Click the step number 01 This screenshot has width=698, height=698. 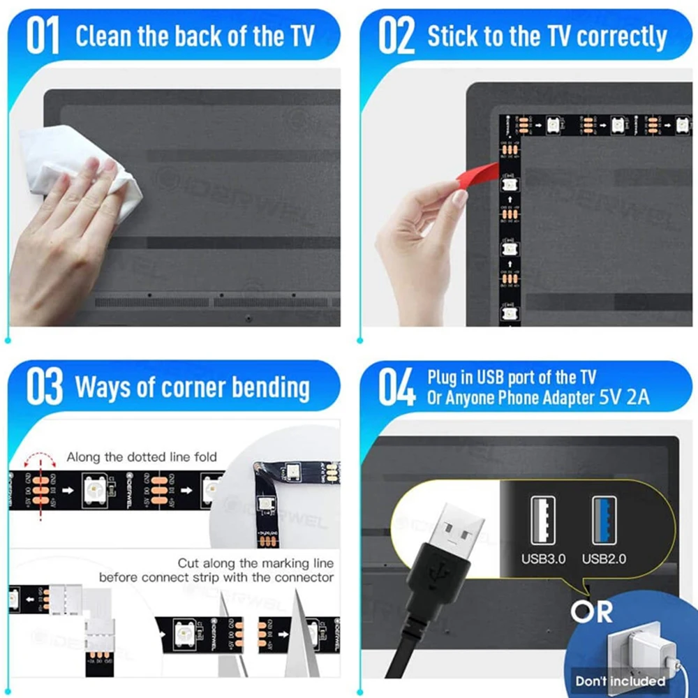tap(43, 36)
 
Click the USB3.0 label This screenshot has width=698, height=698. tap(543, 558)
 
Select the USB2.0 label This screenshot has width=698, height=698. tap(604, 558)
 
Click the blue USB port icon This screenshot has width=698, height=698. tap(604, 520)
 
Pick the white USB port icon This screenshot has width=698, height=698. tap(543, 520)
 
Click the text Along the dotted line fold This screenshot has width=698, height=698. tap(142, 457)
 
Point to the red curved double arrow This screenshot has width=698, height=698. tap(40, 459)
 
